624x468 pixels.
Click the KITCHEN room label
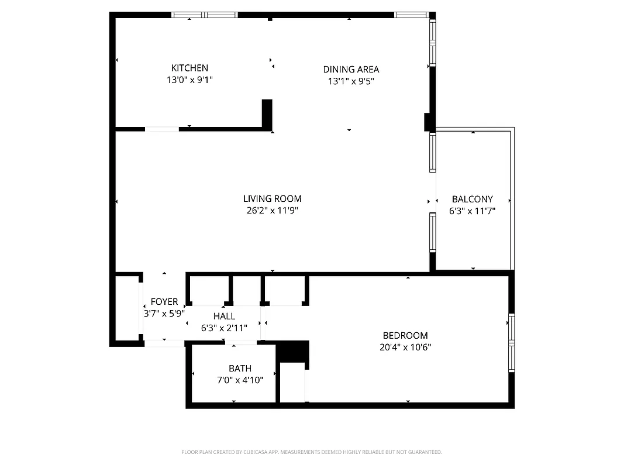coord(189,68)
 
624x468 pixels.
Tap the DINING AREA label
coord(351,70)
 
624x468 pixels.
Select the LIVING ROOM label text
coord(273,199)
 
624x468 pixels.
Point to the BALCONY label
coord(472,199)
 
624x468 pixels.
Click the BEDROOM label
coord(405,335)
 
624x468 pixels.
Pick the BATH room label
coord(240,368)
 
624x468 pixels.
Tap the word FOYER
coord(164,302)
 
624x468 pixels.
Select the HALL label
coord(224,316)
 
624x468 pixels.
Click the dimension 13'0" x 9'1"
coord(189,80)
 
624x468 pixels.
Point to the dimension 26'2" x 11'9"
coord(273,211)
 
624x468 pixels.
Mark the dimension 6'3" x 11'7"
coord(472,211)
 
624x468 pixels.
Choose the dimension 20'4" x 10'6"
coord(405,347)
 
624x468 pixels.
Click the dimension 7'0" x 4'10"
coord(240,380)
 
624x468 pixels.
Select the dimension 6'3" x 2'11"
coord(224,329)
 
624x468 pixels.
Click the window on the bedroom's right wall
coord(511,343)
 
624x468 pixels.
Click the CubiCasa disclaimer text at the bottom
coord(312,452)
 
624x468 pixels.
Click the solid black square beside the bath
coord(292,351)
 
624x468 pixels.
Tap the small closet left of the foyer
coord(127,307)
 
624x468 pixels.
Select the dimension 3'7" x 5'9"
coord(164,314)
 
